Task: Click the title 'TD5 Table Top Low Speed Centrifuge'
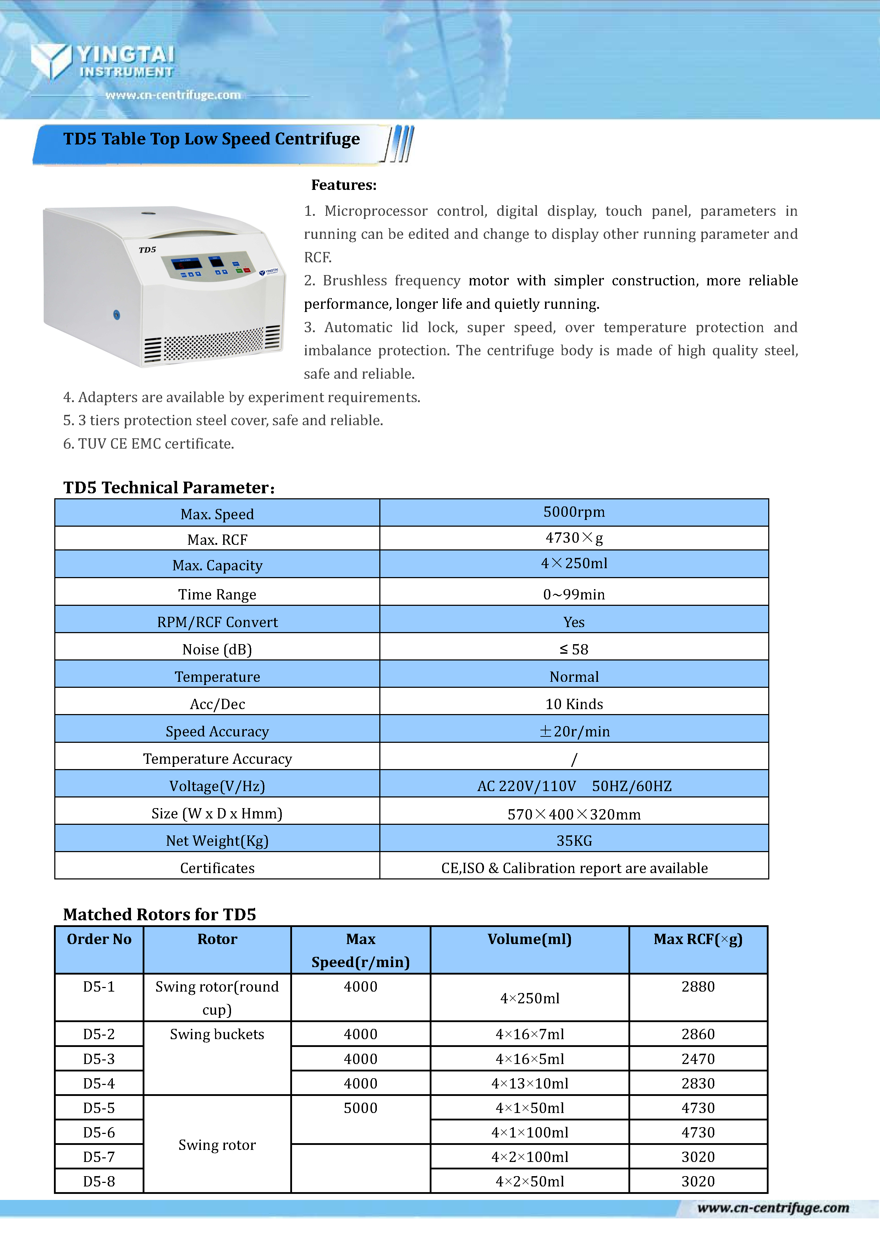pyautogui.click(x=211, y=139)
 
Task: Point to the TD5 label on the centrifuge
pyautogui.click(x=148, y=250)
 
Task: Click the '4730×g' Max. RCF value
pyautogui.click(x=574, y=538)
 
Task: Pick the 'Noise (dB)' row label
pyautogui.click(x=217, y=649)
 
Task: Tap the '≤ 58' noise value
pyautogui.click(x=574, y=649)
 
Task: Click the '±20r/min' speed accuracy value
pyautogui.click(x=574, y=731)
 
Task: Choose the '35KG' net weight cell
pyautogui.click(x=574, y=841)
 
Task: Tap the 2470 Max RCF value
pyautogui.click(x=698, y=1059)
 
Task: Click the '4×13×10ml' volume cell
pyautogui.click(x=529, y=1084)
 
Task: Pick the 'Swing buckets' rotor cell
pyautogui.click(x=217, y=1035)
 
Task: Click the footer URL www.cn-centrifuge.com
pyautogui.click(x=772, y=1208)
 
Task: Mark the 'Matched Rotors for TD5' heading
pyautogui.click(x=159, y=915)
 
